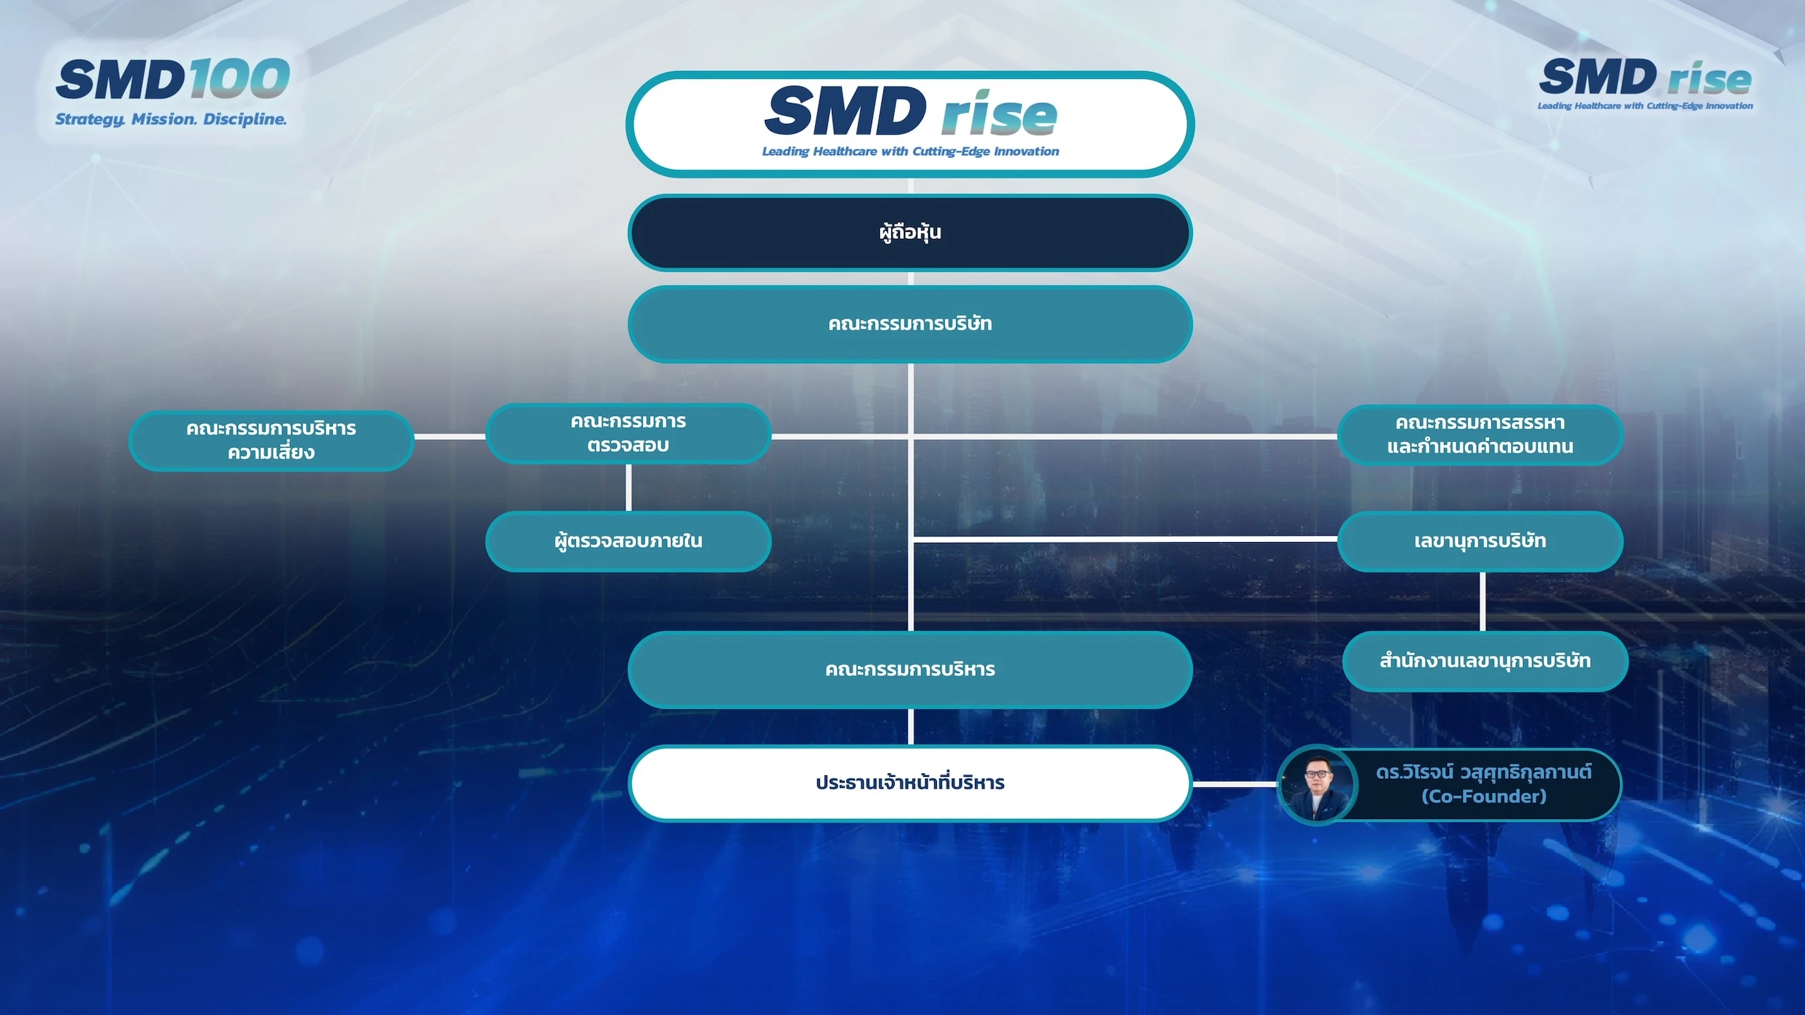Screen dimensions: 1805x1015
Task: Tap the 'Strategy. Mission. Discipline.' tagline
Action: (171, 119)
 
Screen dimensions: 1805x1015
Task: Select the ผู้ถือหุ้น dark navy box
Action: (910, 233)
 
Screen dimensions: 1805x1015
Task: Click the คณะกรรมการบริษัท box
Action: (910, 324)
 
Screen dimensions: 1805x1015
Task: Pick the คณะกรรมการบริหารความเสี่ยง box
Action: (271, 441)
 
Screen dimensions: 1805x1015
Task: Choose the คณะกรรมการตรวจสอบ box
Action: (628, 433)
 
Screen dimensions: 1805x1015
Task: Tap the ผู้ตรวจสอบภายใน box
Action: (628, 541)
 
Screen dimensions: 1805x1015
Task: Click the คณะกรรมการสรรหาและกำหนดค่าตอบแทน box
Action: (1480, 435)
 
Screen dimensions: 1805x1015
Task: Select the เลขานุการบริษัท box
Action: (1480, 541)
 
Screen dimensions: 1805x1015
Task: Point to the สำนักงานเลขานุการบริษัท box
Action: (1485, 661)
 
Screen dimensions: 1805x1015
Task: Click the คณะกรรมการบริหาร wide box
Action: (910, 670)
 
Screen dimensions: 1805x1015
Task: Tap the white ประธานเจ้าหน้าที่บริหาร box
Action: (910, 783)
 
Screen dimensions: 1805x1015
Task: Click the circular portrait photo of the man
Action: (1317, 785)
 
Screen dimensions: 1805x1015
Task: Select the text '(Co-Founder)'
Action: (1483, 796)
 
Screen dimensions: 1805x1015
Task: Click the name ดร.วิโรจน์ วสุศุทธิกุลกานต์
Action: (1483, 773)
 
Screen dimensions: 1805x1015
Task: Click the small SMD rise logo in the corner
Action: (1646, 84)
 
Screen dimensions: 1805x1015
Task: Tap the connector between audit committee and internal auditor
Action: (628, 488)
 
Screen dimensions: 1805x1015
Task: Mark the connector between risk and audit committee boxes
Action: (450, 437)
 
